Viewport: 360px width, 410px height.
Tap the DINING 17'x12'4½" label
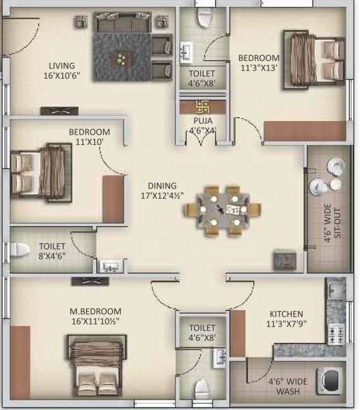point(163,190)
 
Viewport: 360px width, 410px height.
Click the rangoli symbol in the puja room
point(202,107)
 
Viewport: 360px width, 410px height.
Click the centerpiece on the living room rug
point(121,59)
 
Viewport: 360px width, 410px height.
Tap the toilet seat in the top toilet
point(204,18)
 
